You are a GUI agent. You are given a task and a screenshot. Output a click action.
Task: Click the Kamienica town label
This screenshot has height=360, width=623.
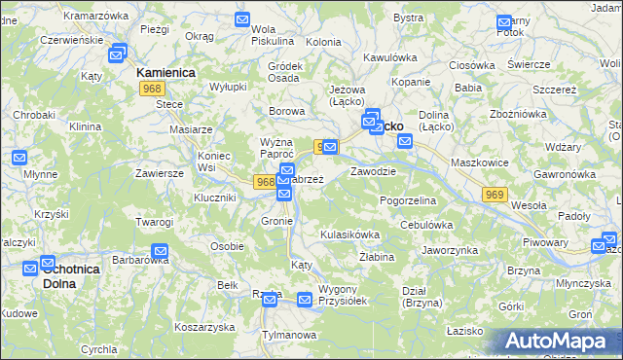pos(166,73)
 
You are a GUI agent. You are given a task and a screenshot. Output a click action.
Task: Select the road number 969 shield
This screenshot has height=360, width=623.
pos(495,196)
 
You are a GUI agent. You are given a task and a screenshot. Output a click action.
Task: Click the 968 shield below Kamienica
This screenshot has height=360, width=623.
pos(150,89)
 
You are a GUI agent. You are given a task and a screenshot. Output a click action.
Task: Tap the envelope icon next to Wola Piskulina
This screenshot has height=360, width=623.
pos(243,19)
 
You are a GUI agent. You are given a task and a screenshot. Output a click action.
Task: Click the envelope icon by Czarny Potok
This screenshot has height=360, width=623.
pos(503,22)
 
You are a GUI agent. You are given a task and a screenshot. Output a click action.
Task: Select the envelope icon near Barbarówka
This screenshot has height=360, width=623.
pos(161,252)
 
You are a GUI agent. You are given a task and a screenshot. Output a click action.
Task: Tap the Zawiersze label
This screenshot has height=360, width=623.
pos(161,173)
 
